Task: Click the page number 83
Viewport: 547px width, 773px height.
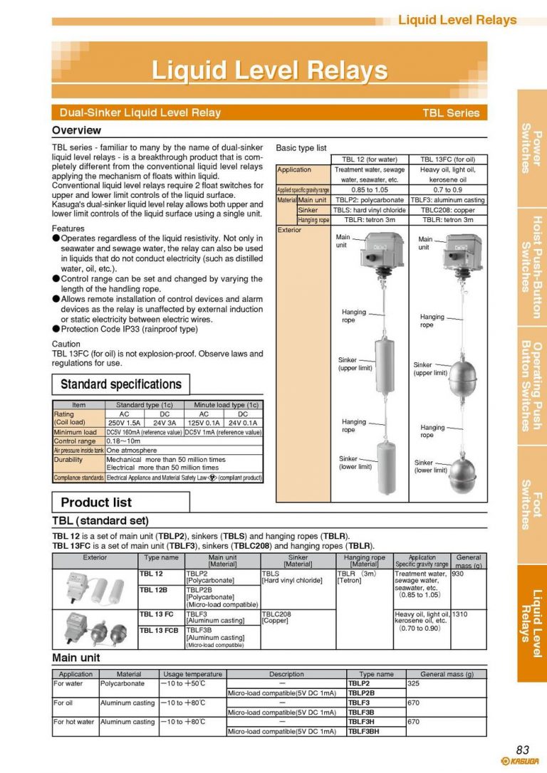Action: pos(522,749)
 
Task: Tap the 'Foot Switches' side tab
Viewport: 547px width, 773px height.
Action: pos(531,505)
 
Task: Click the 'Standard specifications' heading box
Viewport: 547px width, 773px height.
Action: pos(120,384)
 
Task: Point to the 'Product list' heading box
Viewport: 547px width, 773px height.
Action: pos(120,502)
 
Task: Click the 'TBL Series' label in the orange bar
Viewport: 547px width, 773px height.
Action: pos(451,112)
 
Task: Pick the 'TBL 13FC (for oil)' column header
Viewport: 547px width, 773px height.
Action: pos(447,159)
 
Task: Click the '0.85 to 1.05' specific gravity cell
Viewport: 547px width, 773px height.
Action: pos(370,190)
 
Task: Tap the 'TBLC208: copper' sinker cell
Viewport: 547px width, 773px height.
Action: pos(447,210)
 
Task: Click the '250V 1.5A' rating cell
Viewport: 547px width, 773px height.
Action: pos(123,422)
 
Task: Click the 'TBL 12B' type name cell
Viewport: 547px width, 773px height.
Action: pos(153,590)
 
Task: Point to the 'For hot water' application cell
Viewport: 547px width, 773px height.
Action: pos(74,722)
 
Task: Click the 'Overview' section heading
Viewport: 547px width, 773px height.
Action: pos(76,130)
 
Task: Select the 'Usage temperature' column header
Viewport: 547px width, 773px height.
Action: pos(193,673)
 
